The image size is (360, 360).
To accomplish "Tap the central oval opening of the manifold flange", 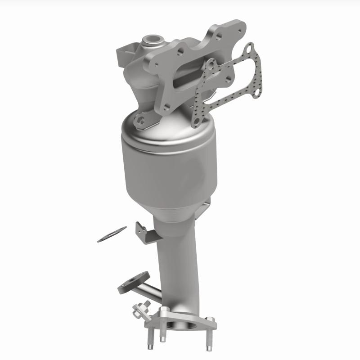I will tap(191, 76).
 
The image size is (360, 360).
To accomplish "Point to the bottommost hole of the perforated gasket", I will tap(196, 122).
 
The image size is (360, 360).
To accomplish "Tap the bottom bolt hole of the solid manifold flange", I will tap(167, 107).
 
